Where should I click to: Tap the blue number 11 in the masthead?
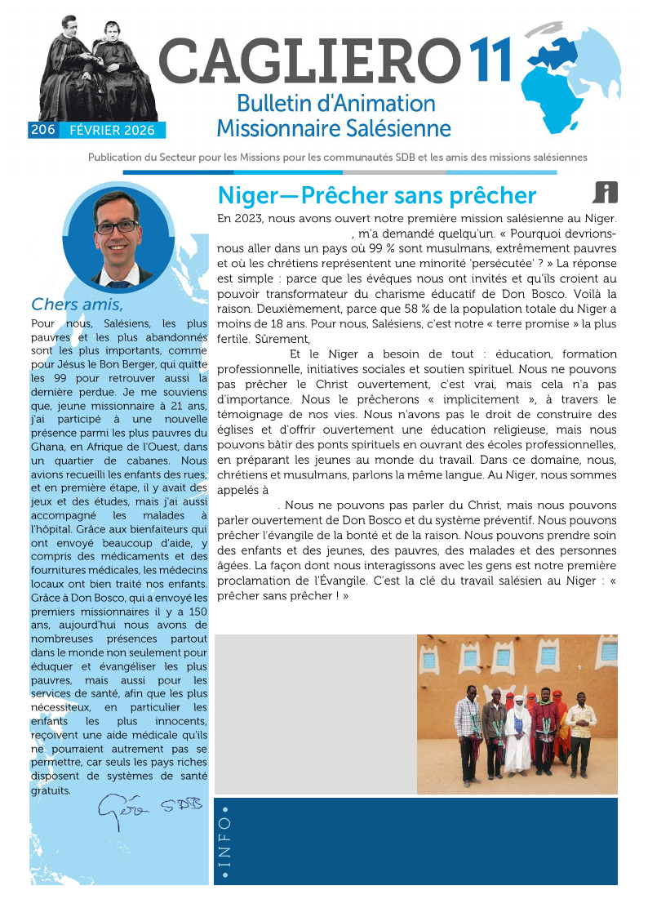490,61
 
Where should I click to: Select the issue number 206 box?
42,130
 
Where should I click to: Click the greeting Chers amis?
77,305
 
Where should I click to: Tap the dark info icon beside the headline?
605,193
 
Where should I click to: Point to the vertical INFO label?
225,844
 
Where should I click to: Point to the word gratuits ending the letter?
50,790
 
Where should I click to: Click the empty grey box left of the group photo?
314,714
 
